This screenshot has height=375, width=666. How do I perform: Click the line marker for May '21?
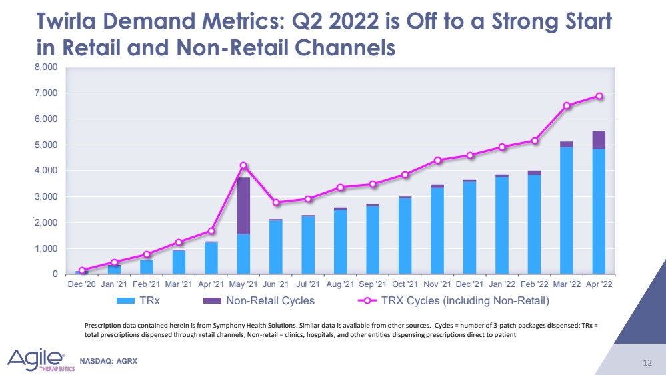(243, 165)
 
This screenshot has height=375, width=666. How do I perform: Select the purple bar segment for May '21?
(243, 206)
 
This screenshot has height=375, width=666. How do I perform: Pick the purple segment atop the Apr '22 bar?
(599, 139)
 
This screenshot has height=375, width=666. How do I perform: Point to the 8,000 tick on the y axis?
(45, 67)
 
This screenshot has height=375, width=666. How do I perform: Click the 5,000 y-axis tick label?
(45, 145)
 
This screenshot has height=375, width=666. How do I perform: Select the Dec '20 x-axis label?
(82, 285)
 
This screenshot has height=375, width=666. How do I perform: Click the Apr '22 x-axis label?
(599, 285)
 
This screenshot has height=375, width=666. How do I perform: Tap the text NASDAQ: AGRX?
(108, 361)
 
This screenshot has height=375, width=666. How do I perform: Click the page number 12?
(647, 362)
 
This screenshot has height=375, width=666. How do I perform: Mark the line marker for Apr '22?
(599, 96)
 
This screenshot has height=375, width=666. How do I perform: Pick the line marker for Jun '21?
(276, 202)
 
